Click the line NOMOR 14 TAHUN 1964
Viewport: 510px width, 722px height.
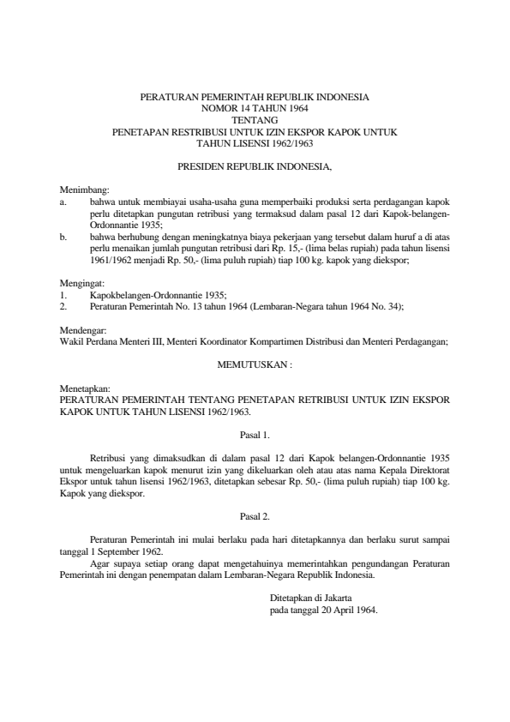[x=255, y=110]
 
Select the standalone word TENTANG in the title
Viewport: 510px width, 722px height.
[x=255, y=121]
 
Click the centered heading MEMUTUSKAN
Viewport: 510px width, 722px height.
[x=255, y=364]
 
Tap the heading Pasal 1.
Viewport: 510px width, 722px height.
[x=255, y=436]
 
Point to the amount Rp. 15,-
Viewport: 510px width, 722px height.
[x=303, y=244]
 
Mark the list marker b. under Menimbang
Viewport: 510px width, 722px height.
[x=63, y=232]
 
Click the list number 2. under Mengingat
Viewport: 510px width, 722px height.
[x=63, y=304]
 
